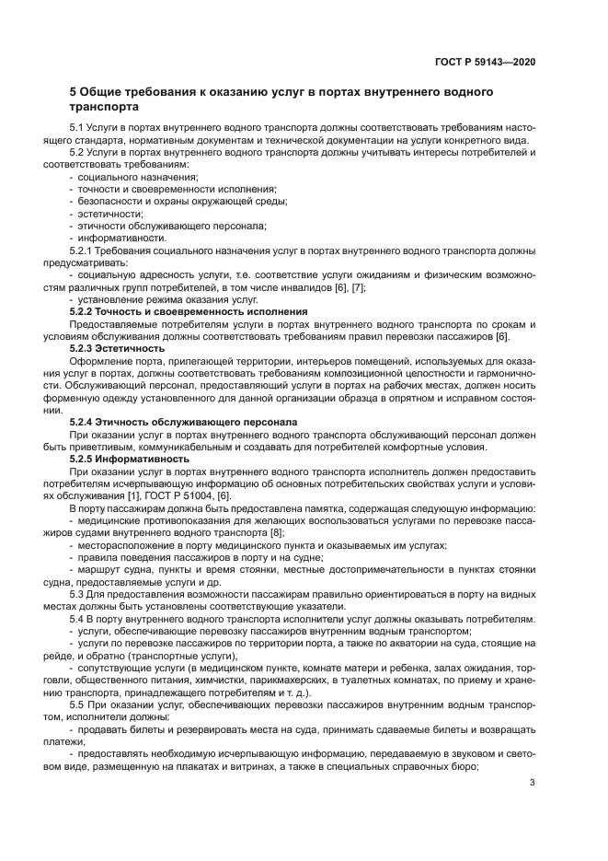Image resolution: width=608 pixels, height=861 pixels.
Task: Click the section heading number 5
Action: click(75, 92)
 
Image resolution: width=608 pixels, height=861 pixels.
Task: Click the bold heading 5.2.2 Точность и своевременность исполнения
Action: click(189, 312)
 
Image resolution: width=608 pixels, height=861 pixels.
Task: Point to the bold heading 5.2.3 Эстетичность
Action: click(118, 348)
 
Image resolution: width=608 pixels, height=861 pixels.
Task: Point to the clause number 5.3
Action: click(77, 594)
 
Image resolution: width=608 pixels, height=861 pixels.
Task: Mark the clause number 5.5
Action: click(77, 704)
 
